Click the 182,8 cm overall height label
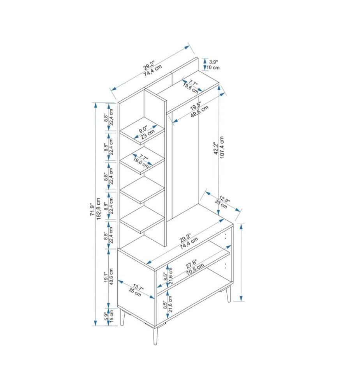coord(99,209)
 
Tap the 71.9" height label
coord(92,209)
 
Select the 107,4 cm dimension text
coord(222,147)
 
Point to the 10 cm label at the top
coord(213,67)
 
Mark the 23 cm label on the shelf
coord(148,134)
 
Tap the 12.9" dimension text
coord(224,200)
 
